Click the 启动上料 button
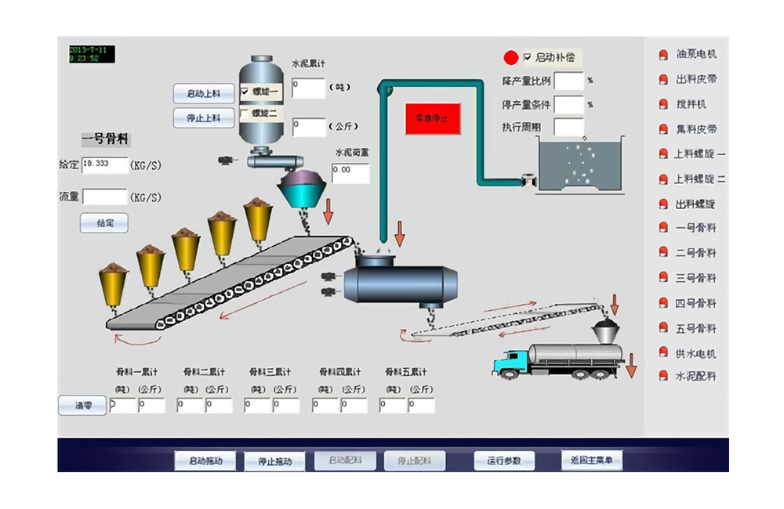[x=203, y=93]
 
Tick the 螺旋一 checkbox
[x=245, y=91]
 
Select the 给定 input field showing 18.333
[x=104, y=164]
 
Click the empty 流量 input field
[x=104, y=197]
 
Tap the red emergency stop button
[x=433, y=118]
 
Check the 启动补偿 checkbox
[x=528, y=57]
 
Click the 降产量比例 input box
[x=569, y=81]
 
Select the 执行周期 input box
[x=569, y=127]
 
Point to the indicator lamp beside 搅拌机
[x=662, y=104]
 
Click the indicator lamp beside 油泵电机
[x=662, y=55]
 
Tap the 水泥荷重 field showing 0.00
[x=350, y=173]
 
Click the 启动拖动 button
[x=204, y=460]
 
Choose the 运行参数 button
[x=503, y=460]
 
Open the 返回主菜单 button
[x=591, y=460]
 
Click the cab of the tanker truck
[x=510, y=362]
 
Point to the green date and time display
[x=91, y=54]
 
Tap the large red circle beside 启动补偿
[x=511, y=57]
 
